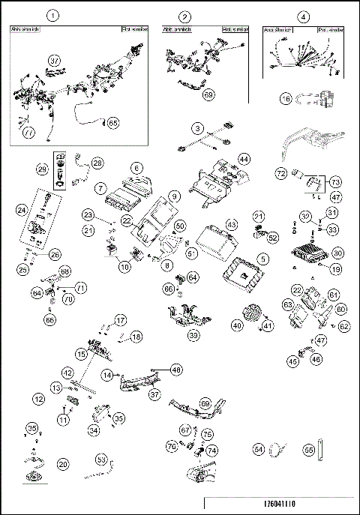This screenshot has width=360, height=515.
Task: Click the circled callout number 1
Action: pyautogui.click(x=52, y=15)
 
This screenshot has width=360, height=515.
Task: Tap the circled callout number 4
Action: pyautogui.click(x=303, y=16)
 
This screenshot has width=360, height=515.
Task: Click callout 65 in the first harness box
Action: pyautogui.click(x=113, y=121)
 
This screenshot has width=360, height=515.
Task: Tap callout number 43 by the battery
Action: pyautogui.click(x=231, y=224)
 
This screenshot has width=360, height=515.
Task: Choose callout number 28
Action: pyautogui.click(x=97, y=163)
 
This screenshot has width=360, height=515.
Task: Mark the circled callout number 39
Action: pyautogui.click(x=193, y=336)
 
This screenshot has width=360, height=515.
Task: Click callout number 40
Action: pyautogui.click(x=237, y=325)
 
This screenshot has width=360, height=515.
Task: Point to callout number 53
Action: pyautogui.click(x=100, y=459)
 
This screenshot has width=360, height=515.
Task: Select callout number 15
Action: pyautogui.click(x=80, y=352)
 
